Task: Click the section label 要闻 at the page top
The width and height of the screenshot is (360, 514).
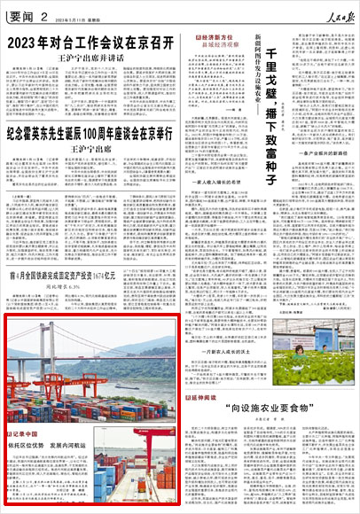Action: coord(20,10)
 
